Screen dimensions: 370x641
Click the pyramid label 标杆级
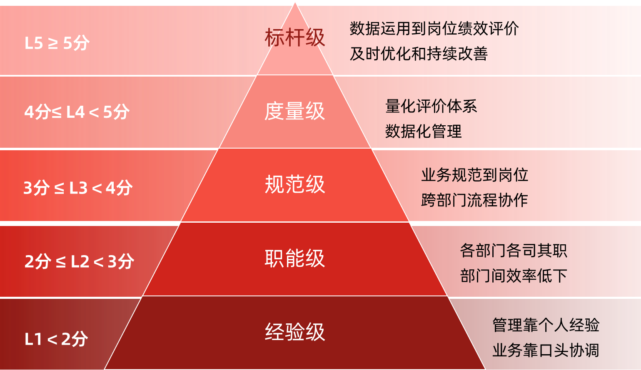pos(294,38)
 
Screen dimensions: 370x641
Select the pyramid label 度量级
pos(294,112)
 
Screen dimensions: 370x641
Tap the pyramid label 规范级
pos(294,184)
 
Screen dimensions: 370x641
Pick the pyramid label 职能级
pos(294,258)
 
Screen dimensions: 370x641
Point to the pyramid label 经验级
pos(294,332)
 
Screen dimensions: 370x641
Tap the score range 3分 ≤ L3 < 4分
pos(78,188)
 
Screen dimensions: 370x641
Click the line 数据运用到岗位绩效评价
pos(434,29)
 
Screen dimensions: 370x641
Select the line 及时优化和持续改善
pos(419,54)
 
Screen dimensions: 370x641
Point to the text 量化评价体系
pos(431,107)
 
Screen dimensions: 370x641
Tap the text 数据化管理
pos(423,132)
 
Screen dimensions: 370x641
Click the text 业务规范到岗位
pos(474,175)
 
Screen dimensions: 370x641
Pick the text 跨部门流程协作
pos(474,200)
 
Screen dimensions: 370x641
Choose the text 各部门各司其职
pos(514,251)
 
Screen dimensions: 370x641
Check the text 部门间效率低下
pos(514,276)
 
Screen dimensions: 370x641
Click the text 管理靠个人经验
pos(546,325)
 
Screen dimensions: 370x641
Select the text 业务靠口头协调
pos(546,350)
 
